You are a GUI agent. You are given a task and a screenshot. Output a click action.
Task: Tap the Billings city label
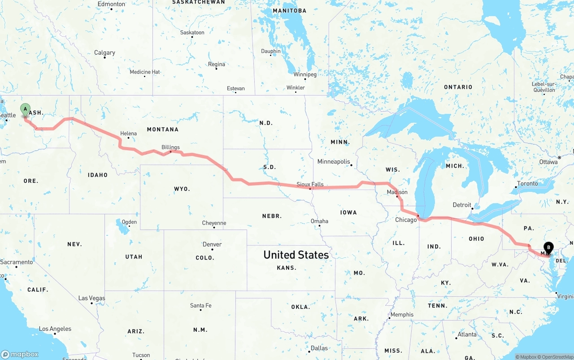pyautogui.click(x=170, y=147)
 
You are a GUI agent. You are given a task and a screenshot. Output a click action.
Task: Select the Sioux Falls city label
pyautogui.click(x=310, y=184)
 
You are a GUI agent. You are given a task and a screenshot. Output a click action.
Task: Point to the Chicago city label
pyautogui.click(x=406, y=220)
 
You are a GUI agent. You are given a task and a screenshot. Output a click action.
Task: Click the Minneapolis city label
pyautogui.click(x=334, y=161)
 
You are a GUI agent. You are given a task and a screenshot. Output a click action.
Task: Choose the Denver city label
pyautogui.click(x=212, y=244)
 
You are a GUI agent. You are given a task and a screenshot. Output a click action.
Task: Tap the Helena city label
pyautogui.click(x=128, y=134)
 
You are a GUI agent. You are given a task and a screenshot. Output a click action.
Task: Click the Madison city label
pyautogui.click(x=397, y=192)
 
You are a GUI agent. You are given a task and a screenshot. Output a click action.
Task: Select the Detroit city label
pyautogui.click(x=462, y=205)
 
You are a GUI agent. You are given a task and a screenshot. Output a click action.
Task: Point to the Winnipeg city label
pyautogui.click(x=305, y=74)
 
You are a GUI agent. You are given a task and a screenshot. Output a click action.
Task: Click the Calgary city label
pyautogui.click(x=104, y=53)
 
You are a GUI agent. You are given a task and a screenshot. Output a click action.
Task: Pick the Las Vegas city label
pyautogui.click(x=91, y=298)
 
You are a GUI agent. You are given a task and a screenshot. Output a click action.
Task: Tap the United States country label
pyautogui.click(x=296, y=255)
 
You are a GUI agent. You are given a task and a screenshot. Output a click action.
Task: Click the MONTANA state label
pyautogui.click(x=162, y=130)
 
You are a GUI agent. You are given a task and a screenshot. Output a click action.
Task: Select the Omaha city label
pyautogui.click(x=319, y=221)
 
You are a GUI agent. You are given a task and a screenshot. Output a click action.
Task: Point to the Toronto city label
pyautogui.click(x=527, y=184)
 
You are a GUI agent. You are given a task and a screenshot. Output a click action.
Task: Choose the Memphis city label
pyautogui.click(x=402, y=315)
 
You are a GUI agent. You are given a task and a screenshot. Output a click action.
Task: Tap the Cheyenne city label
pyautogui.click(x=214, y=223)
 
